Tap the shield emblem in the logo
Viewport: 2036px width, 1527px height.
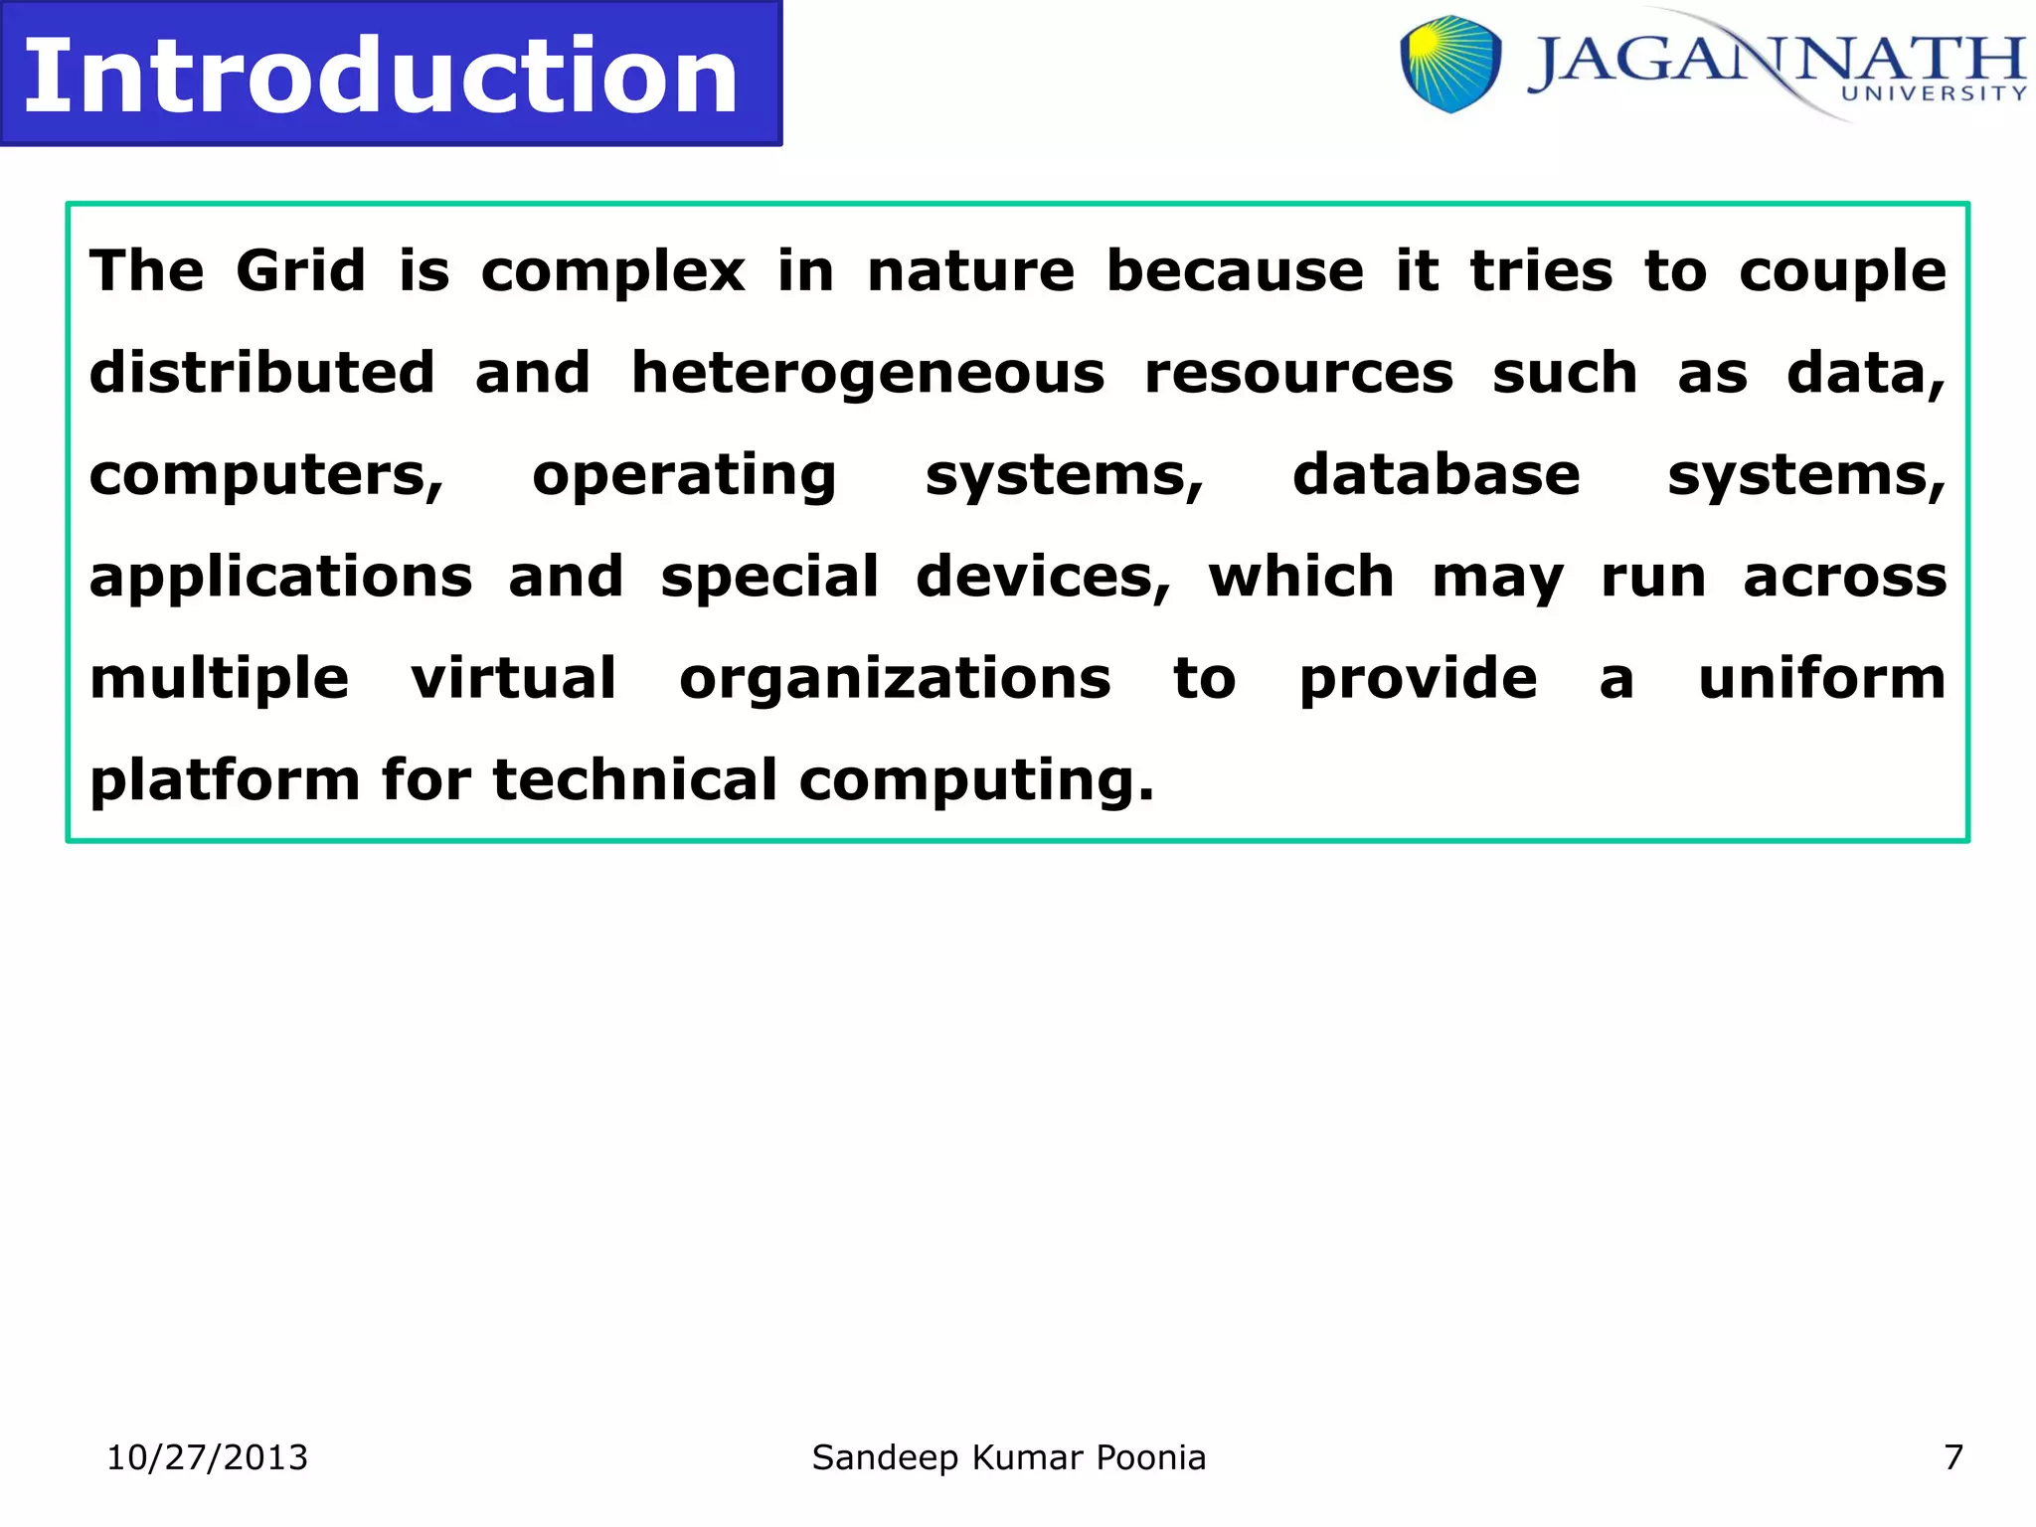(1450, 64)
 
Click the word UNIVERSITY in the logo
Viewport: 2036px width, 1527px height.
(1934, 93)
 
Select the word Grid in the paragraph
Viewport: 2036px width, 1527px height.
(300, 270)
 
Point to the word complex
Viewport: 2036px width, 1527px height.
(612, 272)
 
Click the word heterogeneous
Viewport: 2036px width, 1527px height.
(867, 375)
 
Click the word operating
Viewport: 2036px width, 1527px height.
(684, 477)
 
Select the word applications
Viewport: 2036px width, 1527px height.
(280, 579)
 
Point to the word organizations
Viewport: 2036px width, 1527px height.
(894, 680)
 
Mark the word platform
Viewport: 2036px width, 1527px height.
(225, 781)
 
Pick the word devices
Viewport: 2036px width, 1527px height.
(1043, 578)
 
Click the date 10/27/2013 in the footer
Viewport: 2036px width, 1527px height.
(207, 1457)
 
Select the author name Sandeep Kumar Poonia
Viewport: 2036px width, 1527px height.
(1008, 1457)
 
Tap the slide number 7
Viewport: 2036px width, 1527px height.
(1952, 1457)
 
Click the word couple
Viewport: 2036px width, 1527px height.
(1841, 272)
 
